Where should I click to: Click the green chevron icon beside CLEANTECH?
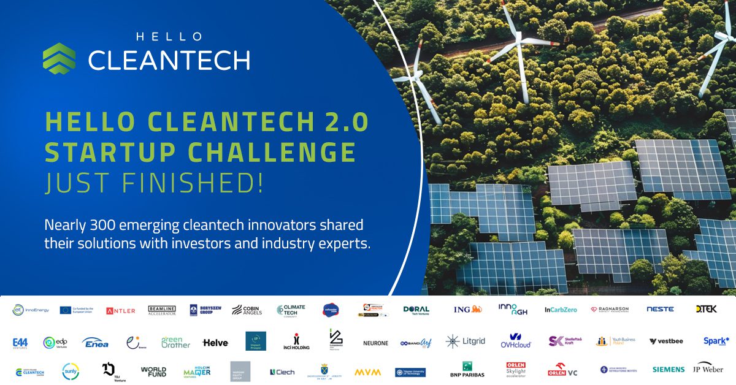pos(59,58)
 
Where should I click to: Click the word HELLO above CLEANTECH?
pos(169,37)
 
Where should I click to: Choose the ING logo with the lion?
pos(468,310)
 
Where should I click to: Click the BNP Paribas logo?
pos(467,370)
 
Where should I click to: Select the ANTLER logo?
pos(121,311)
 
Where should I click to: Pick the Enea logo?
pos(95,342)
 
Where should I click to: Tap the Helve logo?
pos(215,343)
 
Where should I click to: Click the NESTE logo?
pos(660,310)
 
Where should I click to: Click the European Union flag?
pos(66,310)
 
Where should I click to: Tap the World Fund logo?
pos(153,372)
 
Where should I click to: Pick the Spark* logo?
pos(716,341)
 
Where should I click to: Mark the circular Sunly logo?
pos(71,371)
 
